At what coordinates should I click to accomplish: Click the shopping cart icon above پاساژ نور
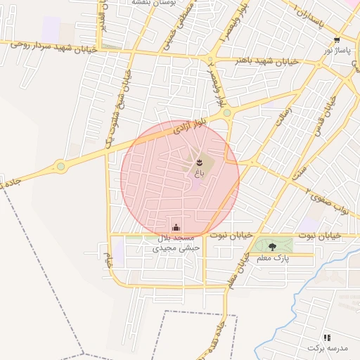point(338,40)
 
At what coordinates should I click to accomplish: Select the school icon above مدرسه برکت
point(327,337)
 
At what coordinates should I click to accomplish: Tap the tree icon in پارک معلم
point(273,246)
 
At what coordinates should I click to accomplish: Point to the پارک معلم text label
point(274,258)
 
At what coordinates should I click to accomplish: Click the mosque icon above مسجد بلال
point(176,227)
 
